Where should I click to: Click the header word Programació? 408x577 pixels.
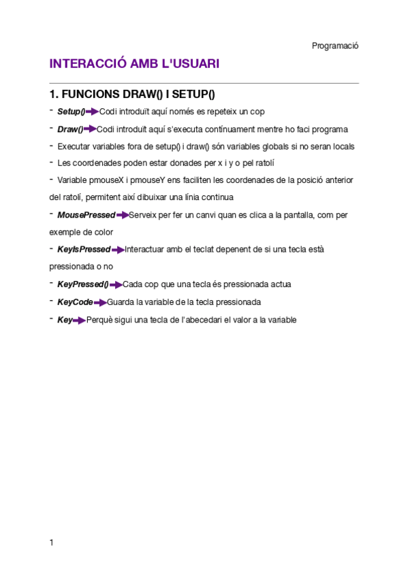tap(335, 46)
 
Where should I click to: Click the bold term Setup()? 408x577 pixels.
tap(71, 112)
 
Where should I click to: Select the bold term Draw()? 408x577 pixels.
tap(70, 129)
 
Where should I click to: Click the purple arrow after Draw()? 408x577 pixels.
tap(90, 129)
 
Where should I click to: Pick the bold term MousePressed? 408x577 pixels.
tap(86, 215)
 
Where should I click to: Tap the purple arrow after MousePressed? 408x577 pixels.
tap(122, 215)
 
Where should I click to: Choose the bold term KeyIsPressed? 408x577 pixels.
tap(84, 250)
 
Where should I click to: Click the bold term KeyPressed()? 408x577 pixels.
tap(82, 284)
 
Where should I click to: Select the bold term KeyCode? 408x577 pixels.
tap(75, 302)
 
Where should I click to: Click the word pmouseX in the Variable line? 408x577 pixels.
tap(104, 180)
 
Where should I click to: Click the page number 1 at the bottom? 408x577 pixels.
tap(52, 543)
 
